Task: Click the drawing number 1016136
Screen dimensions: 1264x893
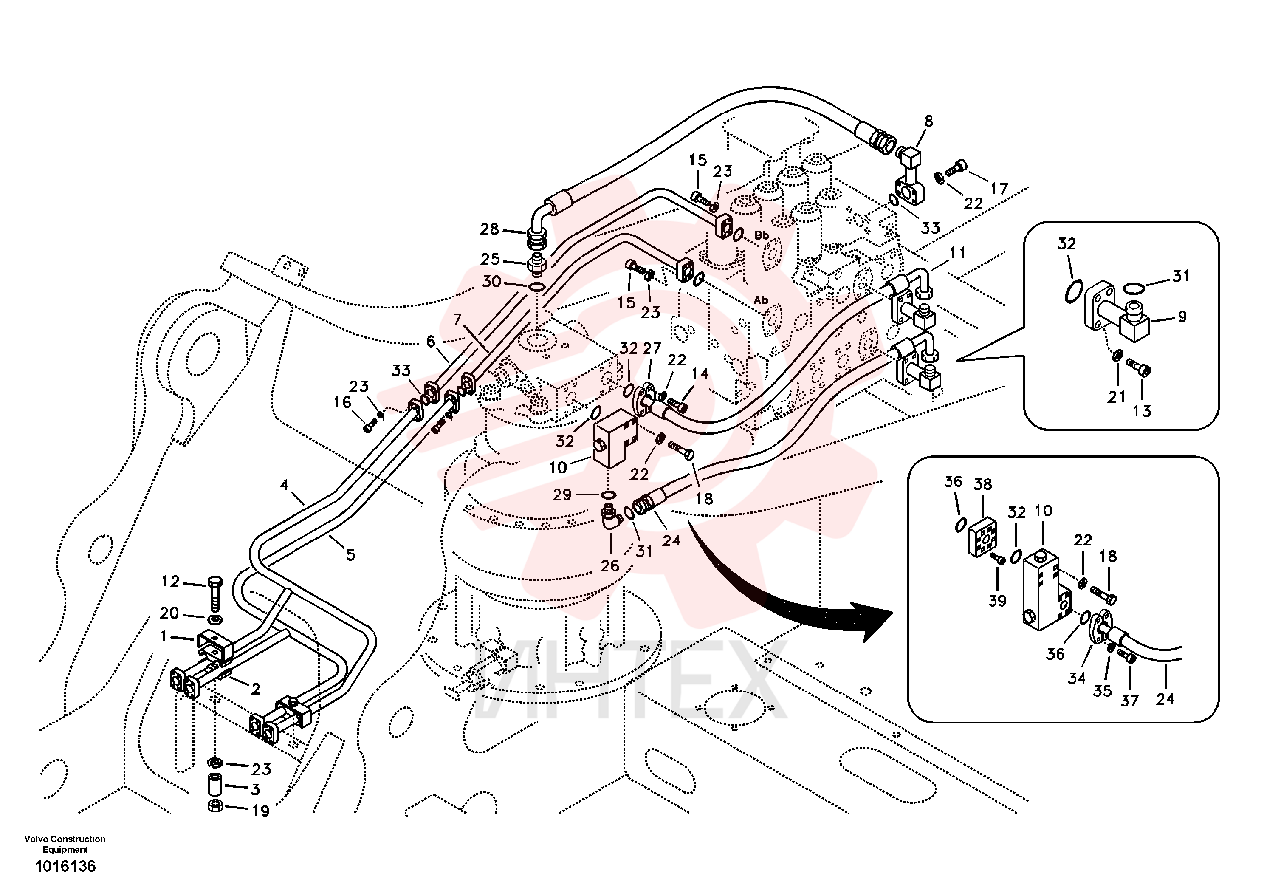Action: pyautogui.click(x=65, y=867)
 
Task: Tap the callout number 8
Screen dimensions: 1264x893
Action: pyautogui.click(x=929, y=121)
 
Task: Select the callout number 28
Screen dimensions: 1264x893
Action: pyautogui.click(x=489, y=229)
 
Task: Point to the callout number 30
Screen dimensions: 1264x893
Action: pyautogui.click(x=491, y=282)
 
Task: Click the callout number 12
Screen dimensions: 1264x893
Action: pyautogui.click(x=171, y=582)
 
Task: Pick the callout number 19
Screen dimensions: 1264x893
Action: pyautogui.click(x=260, y=811)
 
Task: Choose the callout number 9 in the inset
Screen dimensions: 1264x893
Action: pyautogui.click(x=1182, y=317)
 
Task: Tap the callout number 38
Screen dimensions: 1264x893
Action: pyautogui.click(x=983, y=484)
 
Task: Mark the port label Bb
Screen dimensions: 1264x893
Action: pyautogui.click(x=762, y=236)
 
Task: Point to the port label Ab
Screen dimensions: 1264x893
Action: pyautogui.click(x=761, y=300)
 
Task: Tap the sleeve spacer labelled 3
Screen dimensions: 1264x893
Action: pyautogui.click(x=214, y=785)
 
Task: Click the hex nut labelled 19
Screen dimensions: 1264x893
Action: pyautogui.click(x=215, y=807)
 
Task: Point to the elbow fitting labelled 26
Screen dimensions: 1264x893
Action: pyautogui.click(x=610, y=517)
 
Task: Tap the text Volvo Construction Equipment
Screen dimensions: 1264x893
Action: pyautogui.click(x=65, y=844)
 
